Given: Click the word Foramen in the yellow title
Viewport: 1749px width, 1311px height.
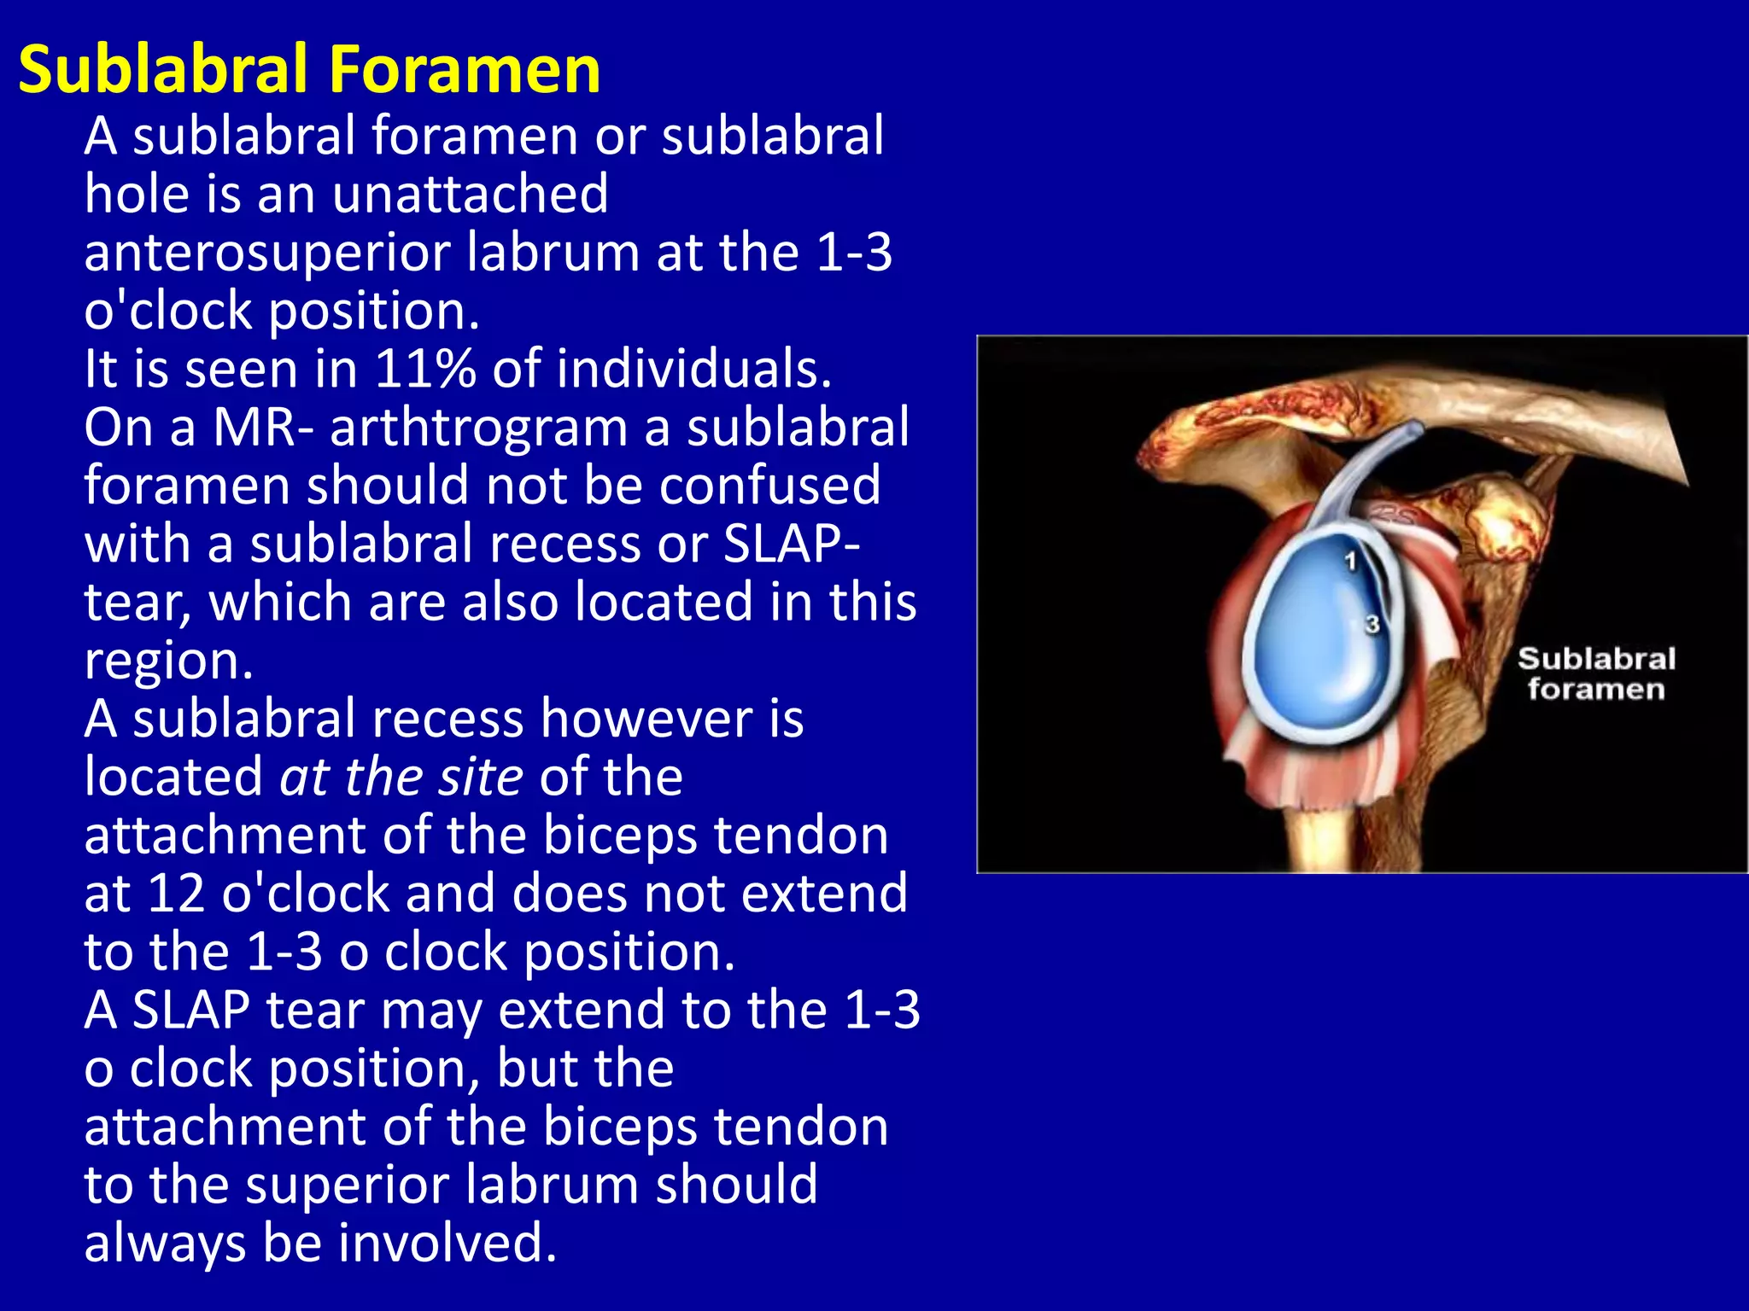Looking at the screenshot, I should pyautogui.click(x=465, y=69).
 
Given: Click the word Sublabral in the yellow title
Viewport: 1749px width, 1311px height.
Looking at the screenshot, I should pyautogui.click(x=163, y=69).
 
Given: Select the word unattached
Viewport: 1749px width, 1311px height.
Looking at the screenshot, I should pyautogui.click(x=471, y=194).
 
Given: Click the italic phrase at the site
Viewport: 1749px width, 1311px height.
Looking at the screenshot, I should pyautogui.click(x=401, y=777).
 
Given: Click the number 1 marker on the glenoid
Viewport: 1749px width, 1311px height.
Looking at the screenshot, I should pyautogui.click(x=1350, y=561).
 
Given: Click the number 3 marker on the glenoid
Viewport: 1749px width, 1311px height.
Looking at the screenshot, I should pyautogui.click(x=1372, y=624).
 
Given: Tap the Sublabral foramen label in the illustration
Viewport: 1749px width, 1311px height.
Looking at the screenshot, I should pyautogui.click(x=1595, y=674).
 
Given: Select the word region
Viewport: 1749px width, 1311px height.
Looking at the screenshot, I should pyautogui.click(x=168, y=661).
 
